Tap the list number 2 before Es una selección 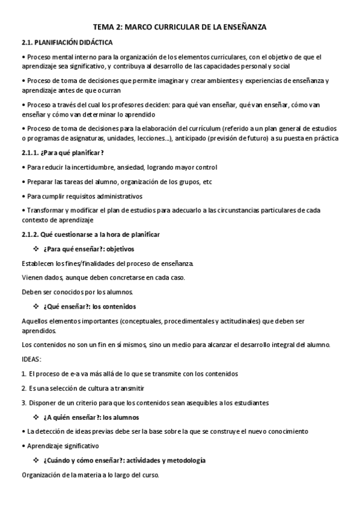(23, 388)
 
